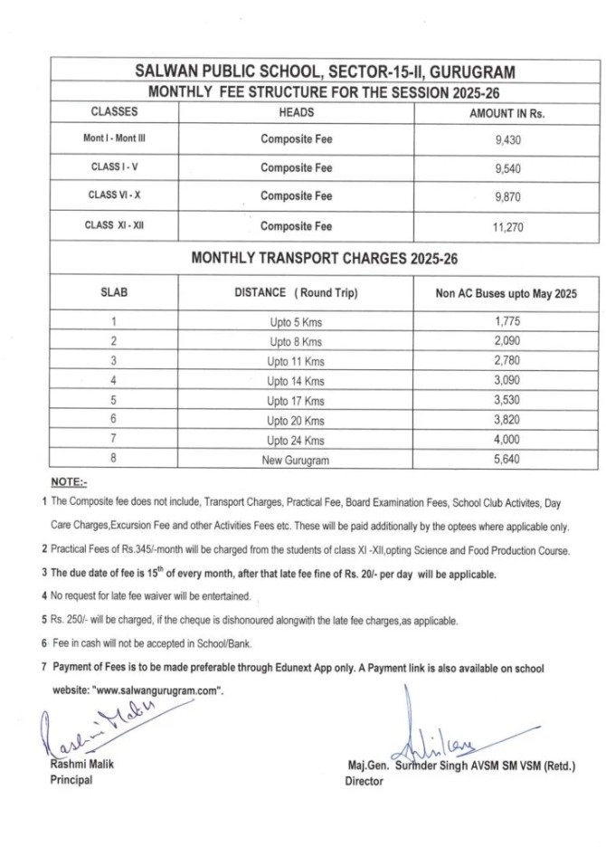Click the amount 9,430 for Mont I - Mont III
click(507, 139)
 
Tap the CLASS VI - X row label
click(114, 195)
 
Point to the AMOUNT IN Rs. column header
click(507, 113)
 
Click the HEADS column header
click(296, 112)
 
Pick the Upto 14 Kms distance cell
click(296, 381)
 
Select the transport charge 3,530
click(507, 400)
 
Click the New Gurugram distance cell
click(296, 460)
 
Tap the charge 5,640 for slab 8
click(507, 459)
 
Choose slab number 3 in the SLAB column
click(114, 361)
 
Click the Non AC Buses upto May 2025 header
click(507, 293)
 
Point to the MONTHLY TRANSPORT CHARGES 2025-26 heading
click(324, 258)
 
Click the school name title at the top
click(323, 70)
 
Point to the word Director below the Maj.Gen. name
click(365, 781)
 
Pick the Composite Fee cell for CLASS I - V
click(296, 167)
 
